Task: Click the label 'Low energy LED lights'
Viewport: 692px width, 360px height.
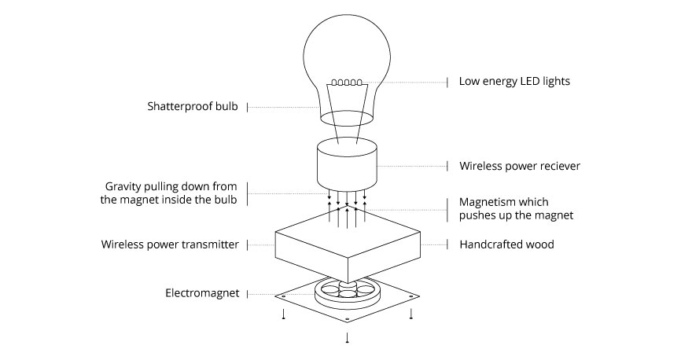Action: pyautogui.click(x=514, y=81)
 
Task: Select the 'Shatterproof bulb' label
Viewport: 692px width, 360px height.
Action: pyautogui.click(x=192, y=106)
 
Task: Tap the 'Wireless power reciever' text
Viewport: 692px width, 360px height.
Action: pyautogui.click(x=520, y=166)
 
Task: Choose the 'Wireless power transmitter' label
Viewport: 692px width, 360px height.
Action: pyautogui.click(x=170, y=244)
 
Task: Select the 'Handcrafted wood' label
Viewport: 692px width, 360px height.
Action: pyautogui.click(x=506, y=244)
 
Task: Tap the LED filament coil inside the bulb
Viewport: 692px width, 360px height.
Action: pyautogui.click(x=346, y=83)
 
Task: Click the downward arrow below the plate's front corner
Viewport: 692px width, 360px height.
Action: pyautogui.click(x=347, y=338)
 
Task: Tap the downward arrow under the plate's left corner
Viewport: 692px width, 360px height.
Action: pyautogui.click(x=284, y=314)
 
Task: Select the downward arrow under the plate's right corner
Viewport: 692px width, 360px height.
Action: pyautogui.click(x=410, y=314)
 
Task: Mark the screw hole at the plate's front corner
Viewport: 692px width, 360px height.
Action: pyautogui.click(x=347, y=319)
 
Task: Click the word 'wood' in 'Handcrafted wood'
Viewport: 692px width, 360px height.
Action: pyautogui.click(x=539, y=244)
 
